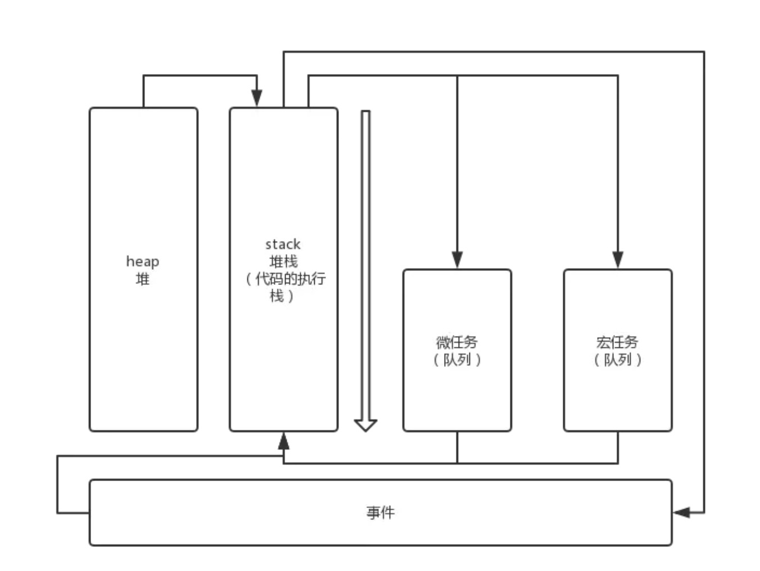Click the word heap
(x=142, y=261)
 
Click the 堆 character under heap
(x=142, y=279)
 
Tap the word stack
(x=283, y=244)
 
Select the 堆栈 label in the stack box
(x=283, y=261)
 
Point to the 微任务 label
(x=456, y=342)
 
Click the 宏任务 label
(x=617, y=342)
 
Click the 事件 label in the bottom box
(x=381, y=513)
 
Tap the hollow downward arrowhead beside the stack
(x=365, y=425)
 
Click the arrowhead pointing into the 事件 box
(x=681, y=513)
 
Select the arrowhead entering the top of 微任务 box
(x=457, y=260)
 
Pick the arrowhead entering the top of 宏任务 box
(x=618, y=260)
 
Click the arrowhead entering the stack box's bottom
(x=283, y=441)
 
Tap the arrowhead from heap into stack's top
(x=256, y=98)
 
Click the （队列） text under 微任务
(x=456, y=360)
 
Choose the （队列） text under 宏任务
(x=617, y=360)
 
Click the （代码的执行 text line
(x=286, y=279)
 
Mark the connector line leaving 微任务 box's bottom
(x=457, y=447)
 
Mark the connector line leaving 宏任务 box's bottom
(x=618, y=447)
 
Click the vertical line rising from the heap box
(x=143, y=91)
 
